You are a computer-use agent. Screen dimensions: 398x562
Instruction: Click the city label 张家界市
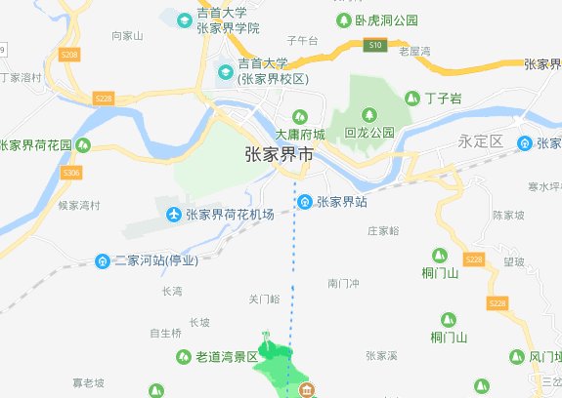(x=279, y=155)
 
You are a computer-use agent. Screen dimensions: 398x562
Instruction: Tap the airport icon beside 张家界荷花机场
(x=173, y=214)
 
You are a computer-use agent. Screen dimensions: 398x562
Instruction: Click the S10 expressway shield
(x=375, y=45)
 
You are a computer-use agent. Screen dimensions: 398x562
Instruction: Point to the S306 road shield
(x=70, y=173)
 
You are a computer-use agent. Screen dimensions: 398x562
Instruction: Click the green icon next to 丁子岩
(x=411, y=98)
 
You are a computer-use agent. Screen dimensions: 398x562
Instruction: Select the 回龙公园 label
(x=369, y=132)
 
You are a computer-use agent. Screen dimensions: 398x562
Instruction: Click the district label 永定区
(x=480, y=141)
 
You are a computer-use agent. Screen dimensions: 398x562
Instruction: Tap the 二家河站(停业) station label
(x=156, y=260)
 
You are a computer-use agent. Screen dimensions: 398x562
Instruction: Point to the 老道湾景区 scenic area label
(x=222, y=358)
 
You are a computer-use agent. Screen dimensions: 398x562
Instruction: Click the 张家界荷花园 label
(x=36, y=144)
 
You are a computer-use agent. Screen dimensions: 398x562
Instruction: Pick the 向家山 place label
(x=127, y=35)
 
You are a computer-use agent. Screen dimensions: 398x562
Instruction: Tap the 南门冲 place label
(x=344, y=283)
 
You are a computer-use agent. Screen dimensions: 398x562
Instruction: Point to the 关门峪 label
(x=264, y=298)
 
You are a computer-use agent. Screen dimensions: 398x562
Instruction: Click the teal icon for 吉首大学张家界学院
(x=183, y=19)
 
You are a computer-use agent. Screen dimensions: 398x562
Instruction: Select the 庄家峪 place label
(x=383, y=231)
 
